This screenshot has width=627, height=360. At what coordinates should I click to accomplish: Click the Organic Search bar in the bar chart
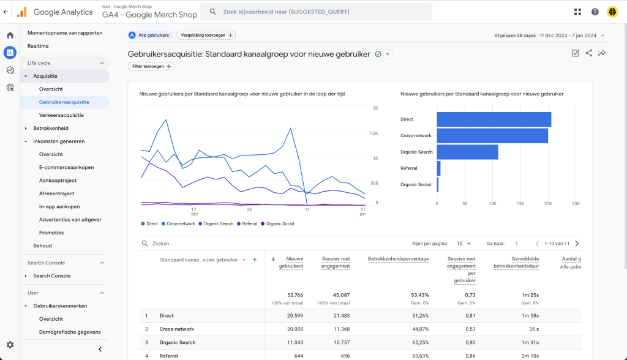pos(467,152)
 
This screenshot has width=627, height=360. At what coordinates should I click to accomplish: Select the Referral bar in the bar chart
pos(438,168)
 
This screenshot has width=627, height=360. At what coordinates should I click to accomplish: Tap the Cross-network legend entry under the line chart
pos(178,223)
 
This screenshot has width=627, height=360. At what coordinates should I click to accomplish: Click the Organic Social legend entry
pos(277,223)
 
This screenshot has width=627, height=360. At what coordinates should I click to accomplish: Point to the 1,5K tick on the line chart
pos(374,133)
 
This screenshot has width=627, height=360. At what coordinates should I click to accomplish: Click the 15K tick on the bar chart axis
pos(520,204)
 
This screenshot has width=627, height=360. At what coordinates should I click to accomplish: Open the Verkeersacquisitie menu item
pos(62,115)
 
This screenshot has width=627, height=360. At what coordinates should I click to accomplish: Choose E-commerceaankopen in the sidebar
pos(66,167)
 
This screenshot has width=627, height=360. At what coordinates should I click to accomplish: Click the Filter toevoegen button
pos(151,66)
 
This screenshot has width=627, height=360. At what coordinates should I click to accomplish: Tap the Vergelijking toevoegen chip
pos(206,35)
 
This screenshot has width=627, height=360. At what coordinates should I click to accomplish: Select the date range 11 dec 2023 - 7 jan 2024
pos(568,36)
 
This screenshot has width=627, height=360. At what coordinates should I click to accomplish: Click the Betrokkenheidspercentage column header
pos(398,259)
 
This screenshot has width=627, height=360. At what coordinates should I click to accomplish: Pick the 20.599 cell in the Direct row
pos(295,315)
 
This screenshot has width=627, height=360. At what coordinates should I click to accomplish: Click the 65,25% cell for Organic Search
pos(420,342)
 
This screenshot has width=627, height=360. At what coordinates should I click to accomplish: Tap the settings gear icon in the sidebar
pos(10,345)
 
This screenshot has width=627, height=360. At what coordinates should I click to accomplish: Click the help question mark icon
pos(595,12)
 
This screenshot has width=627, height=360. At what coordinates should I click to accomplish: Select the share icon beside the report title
pos(588,53)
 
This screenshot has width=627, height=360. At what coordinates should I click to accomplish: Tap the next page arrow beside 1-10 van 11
pos(577,243)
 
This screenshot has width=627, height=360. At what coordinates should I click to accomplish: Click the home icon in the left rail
pos(10,35)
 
